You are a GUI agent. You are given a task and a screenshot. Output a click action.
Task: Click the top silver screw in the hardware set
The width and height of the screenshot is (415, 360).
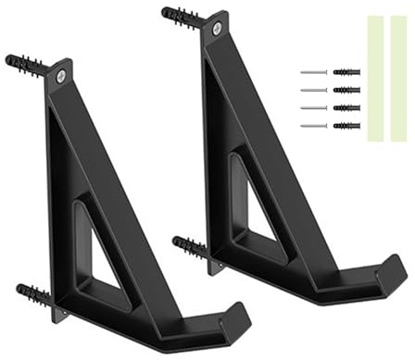(x=315, y=72)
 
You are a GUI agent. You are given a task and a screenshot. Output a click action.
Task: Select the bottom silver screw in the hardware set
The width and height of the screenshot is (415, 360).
(x=315, y=125)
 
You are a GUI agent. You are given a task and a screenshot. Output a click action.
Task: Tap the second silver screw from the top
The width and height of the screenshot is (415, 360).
(x=315, y=90)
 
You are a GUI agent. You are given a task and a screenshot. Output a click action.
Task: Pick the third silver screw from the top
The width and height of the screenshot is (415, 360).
(x=315, y=107)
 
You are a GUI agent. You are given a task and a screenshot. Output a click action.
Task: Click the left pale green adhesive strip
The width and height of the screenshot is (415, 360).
(x=375, y=78)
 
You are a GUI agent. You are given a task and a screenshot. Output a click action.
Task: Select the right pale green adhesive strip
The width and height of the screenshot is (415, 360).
(x=398, y=78)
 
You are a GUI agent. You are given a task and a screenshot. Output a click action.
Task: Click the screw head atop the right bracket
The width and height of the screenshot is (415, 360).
(x=216, y=29)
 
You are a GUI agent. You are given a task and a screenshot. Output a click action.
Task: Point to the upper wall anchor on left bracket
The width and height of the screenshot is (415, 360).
(x=25, y=64)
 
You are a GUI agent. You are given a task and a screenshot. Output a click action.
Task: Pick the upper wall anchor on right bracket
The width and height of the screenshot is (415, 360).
(x=182, y=16)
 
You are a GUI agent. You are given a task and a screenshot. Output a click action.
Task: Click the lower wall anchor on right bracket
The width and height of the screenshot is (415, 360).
(x=190, y=247)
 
